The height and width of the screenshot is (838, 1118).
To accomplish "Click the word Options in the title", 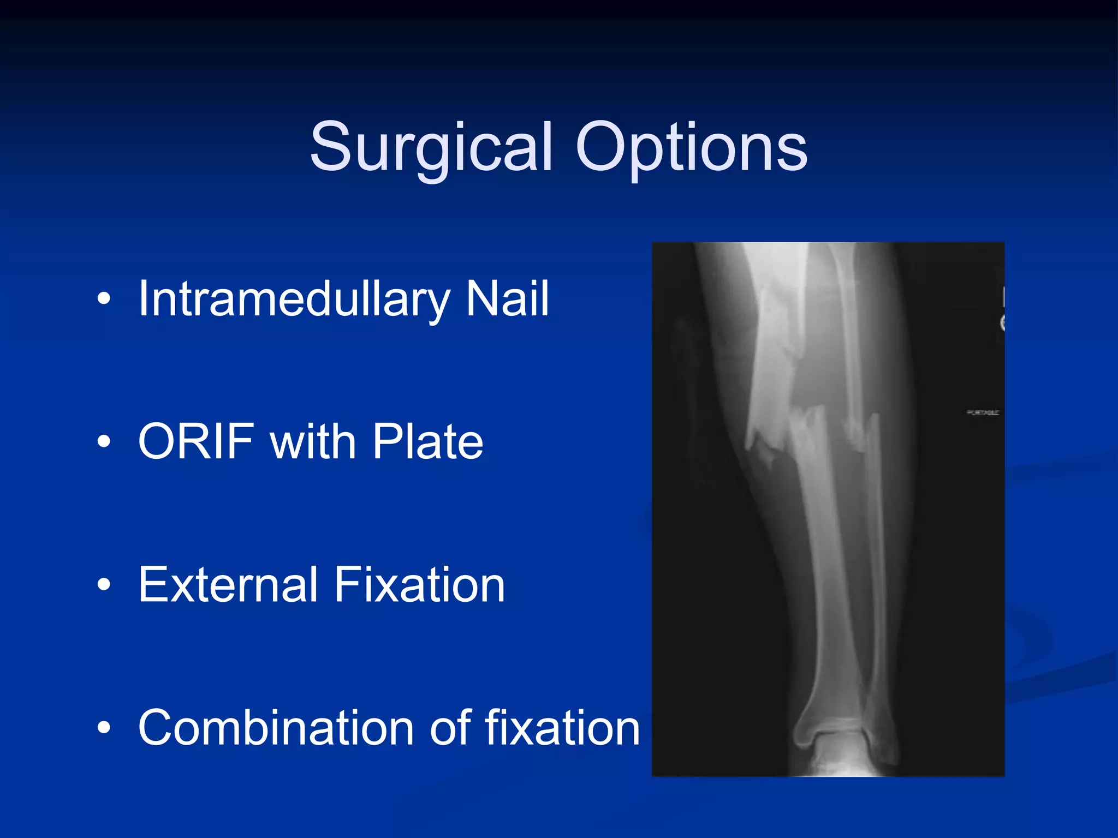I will click(691, 147).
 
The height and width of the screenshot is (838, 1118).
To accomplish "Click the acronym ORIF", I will click(197, 441).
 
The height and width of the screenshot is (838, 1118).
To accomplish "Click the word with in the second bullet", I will click(313, 441).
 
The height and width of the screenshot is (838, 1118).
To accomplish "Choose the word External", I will click(228, 584).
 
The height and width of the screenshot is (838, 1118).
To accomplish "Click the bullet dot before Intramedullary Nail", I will click(104, 299).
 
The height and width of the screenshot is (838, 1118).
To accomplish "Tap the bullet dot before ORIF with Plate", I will click(104, 442).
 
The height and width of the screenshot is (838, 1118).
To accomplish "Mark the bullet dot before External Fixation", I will click(104, 585).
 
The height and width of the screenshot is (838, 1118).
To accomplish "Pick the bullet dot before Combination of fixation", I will click(104, 728).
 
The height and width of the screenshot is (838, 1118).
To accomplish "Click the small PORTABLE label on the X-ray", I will click(983, 413).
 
